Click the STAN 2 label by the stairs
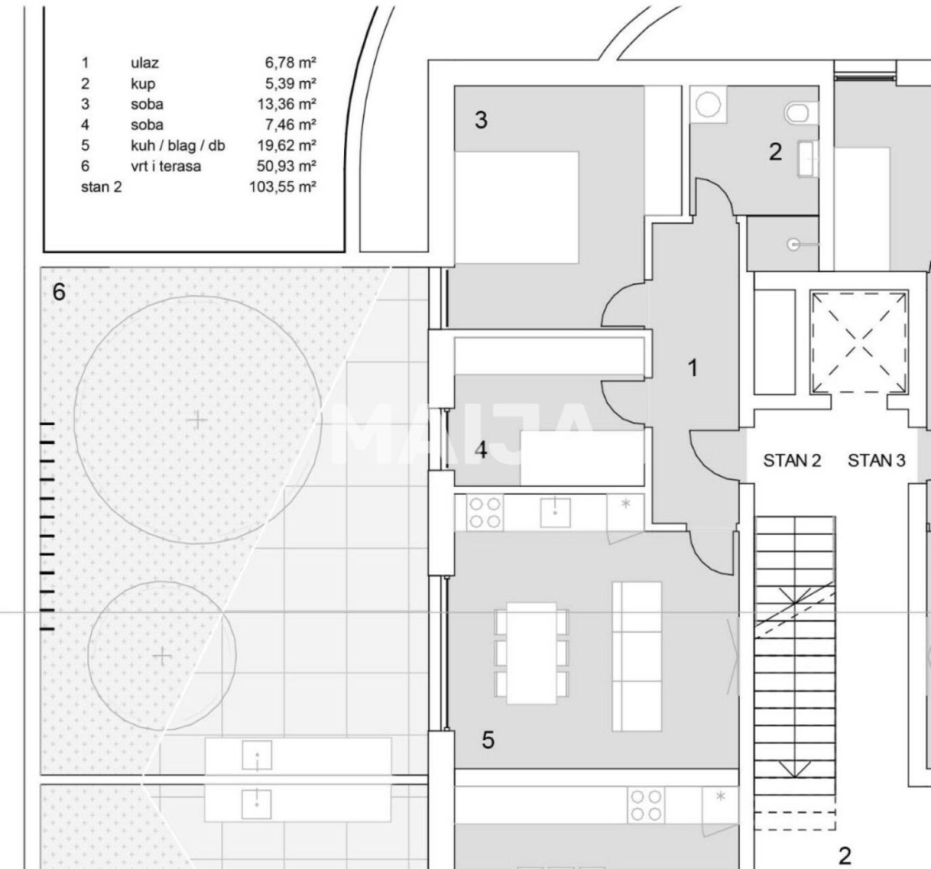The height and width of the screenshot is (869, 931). pos(792,460)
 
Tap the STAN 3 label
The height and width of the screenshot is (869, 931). pos(876,460)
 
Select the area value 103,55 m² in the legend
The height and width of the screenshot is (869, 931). pos(282,187)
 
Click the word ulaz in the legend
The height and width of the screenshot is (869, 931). pos(144,63)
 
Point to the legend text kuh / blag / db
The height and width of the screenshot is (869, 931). pos(177,146)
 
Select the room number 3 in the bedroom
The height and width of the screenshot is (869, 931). pos(481,120)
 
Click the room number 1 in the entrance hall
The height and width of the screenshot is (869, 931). pos(693,368)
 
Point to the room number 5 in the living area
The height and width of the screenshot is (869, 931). pos(488,740)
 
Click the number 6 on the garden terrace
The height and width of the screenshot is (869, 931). pos(59,293)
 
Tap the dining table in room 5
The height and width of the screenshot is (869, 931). pos(531,653)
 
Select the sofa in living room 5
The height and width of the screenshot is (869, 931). pos(637,655)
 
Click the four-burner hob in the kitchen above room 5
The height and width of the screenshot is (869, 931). pos(484,512)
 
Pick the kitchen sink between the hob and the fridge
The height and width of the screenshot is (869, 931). pos(556,512)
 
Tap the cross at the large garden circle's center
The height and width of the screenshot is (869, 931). pos(196,420)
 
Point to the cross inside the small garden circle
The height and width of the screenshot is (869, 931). pos(162,656)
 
